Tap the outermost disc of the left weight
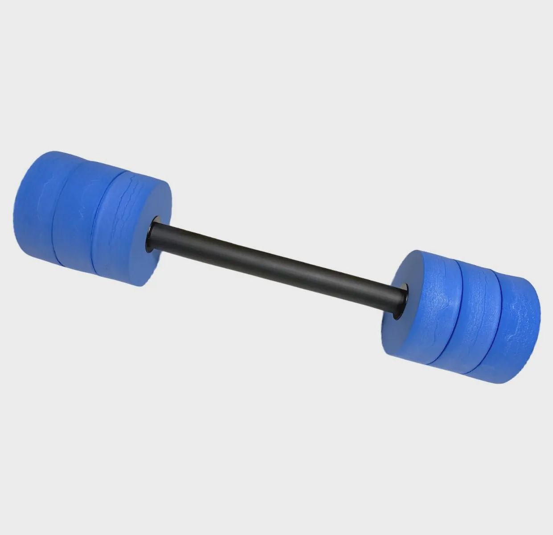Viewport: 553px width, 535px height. click(x=33, y=201)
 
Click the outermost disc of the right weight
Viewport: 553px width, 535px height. click(x=517, y=330)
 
